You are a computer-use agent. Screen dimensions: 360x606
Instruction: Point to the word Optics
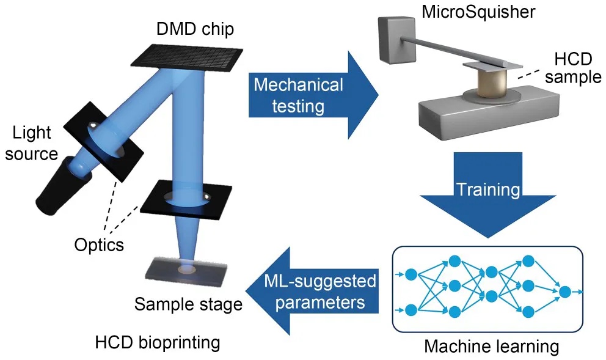tap(99, 244)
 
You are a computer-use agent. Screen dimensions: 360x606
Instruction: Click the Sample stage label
tap(188, 304)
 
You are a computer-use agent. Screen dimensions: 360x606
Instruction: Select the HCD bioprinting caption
tap(157, 342)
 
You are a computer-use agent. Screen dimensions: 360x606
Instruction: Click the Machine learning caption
tap(491, 347)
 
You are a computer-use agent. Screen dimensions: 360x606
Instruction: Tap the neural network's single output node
tap(565, 292)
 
